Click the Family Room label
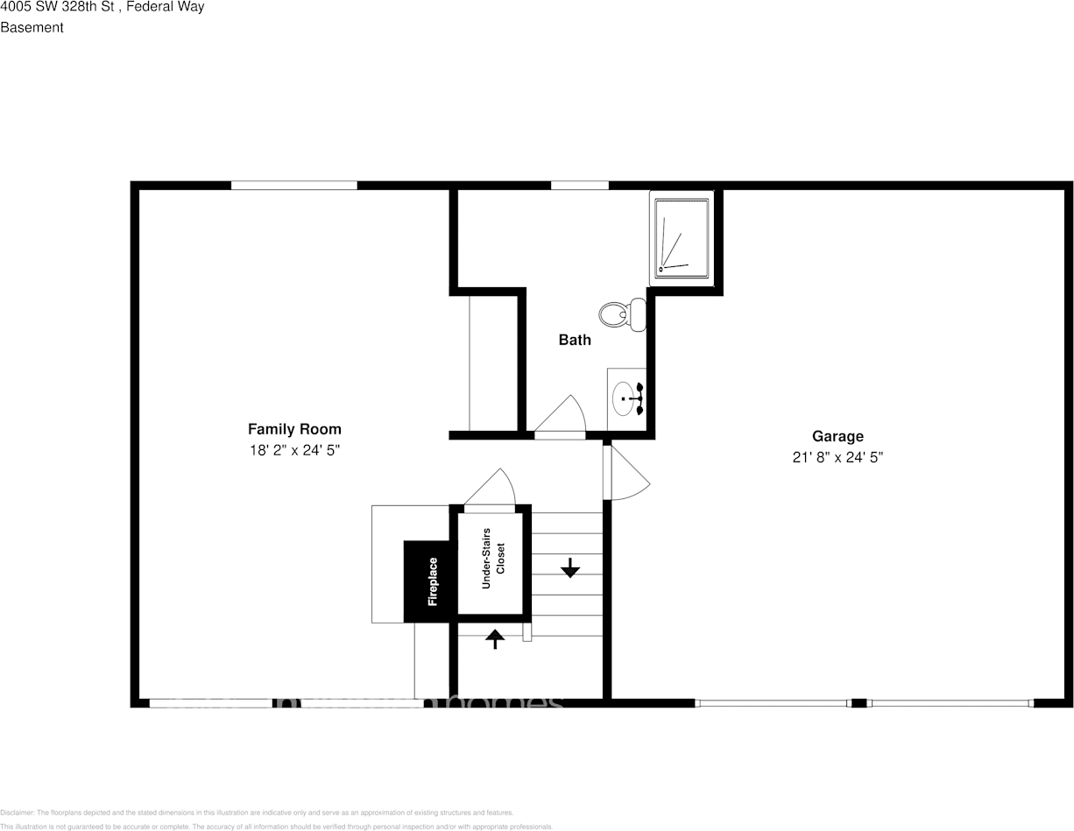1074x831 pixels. (x=294, y=429)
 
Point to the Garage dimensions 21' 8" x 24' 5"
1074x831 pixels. (x=837, y=457)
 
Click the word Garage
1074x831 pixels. (x=837, y=436)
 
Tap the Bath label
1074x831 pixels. (x=575, y=340)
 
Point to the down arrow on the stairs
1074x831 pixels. (x=570, y=568)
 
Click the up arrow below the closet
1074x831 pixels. (x=495, y=639)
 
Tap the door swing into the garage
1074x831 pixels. (x=627, y=473)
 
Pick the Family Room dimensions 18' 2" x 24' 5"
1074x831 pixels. (x=294, y=451)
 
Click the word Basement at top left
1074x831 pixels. (x=32, y=27)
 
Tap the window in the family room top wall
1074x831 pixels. (x=294, y=185)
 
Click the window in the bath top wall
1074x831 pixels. (x=579, y=185)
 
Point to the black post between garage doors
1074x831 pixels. (x=859, y=702)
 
